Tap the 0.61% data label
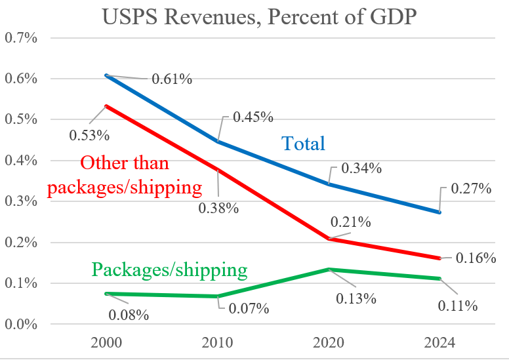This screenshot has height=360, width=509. [x=172, y=79]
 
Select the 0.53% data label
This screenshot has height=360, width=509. [x=89, y=136]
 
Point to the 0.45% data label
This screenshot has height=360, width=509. [x=253, y=117]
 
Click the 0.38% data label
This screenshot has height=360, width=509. [x=219, y=209]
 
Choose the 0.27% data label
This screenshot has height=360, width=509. [x=472, y=190]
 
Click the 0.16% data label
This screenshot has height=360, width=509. [x=476, y=258]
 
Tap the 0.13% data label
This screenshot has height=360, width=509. [x=357, y=298]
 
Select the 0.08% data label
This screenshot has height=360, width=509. [x=129, y=315]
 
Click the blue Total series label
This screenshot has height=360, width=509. [x=304, y=143]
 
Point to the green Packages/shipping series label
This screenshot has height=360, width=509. [x=170, y=270]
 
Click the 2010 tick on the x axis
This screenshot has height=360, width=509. [x=218, y=342]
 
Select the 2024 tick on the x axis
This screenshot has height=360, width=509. [x=439, y=342]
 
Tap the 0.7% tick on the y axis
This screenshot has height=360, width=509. [x=21, y=37]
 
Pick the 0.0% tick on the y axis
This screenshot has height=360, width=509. [x=21, y=324]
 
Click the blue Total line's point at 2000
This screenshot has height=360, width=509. [x=106, y=75]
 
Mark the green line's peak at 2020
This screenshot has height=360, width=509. [x=328, y=269]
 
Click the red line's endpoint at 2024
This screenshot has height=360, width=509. [x=439, y=258]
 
